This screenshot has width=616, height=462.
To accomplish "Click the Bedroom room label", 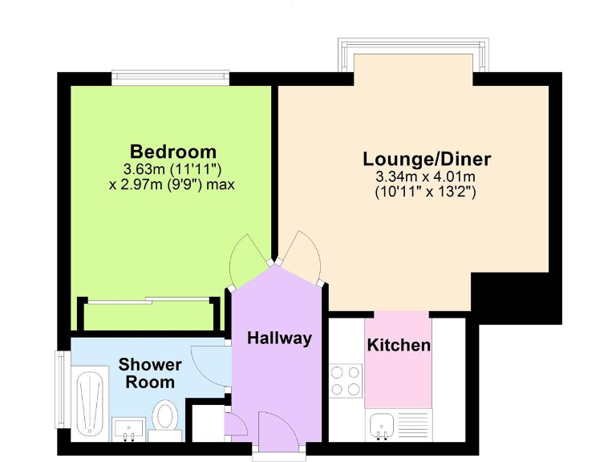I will point(173,151).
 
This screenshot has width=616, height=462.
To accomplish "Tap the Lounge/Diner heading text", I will point(426,158).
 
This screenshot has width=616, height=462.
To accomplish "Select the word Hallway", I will point(278,338).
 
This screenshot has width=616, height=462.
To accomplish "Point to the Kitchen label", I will point(399,346).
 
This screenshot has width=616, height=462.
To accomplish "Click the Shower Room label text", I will point(150,373).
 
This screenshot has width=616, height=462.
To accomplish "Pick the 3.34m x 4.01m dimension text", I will point(426,176).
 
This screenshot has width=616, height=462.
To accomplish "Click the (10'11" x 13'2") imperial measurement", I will point(426,192).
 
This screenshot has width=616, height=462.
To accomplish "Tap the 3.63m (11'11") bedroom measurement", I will point(172,169).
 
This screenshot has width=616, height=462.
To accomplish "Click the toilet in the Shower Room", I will point(165,419).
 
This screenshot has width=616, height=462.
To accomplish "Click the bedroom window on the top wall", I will point(170,78).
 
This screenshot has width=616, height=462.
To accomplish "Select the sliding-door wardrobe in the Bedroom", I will point(148,313).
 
